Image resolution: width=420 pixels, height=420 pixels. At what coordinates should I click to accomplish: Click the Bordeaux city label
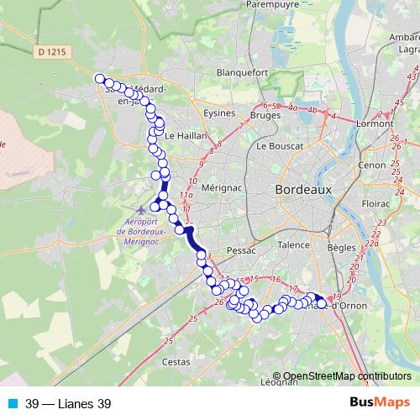pyautogui.click(x=303, y=190)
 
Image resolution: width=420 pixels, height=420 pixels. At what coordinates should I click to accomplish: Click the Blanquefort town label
pyautogui.click(x=241, y=73)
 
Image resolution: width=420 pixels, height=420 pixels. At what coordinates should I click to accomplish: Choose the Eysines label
pyautogui.click(x=220, y=111)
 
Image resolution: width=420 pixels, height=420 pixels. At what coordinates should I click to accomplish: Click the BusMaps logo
pyautogui.click(x=380, y=403)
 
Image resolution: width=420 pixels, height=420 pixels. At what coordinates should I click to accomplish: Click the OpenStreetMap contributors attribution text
pyautogui.click(x=346, y=376)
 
